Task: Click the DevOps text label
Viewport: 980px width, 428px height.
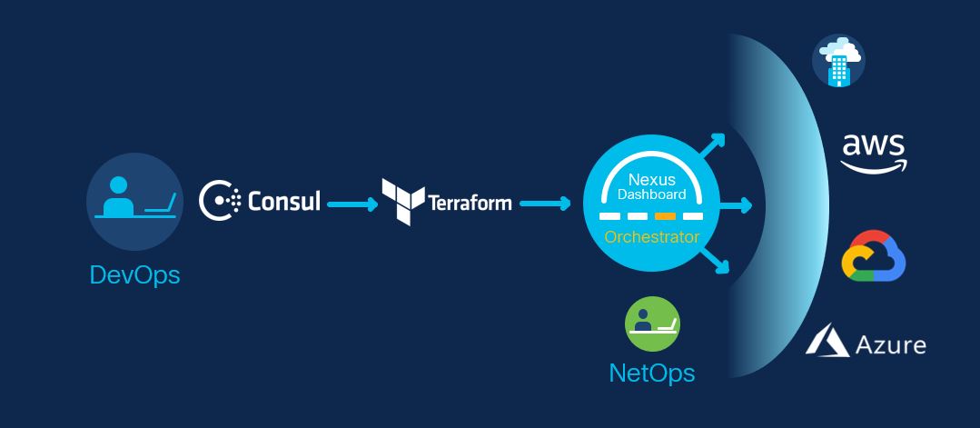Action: click(x=134, y=274)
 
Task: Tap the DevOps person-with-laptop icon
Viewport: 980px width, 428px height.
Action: click(x=134, y=200)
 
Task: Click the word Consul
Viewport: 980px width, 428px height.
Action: click(x=284, y=201)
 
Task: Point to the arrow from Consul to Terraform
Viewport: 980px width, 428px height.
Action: click(x=351, y=204)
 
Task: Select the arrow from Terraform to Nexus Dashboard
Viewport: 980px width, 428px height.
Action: click(x=545, y=204)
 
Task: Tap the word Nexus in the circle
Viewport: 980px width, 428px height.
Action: click(x=652, y=180)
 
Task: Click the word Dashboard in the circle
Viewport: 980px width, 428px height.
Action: click(x=652, y=194)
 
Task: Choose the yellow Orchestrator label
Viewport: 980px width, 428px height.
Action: click(x=652, y=237)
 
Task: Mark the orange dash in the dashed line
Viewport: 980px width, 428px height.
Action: click(x=665, y=216)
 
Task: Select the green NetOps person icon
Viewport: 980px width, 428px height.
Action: click(x=652, y=323)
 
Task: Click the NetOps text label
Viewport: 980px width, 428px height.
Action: click(x=652, y=372)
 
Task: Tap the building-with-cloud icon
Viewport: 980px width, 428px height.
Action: click(x=837, y=61)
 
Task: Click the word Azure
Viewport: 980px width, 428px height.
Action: click(x=889, y=344)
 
